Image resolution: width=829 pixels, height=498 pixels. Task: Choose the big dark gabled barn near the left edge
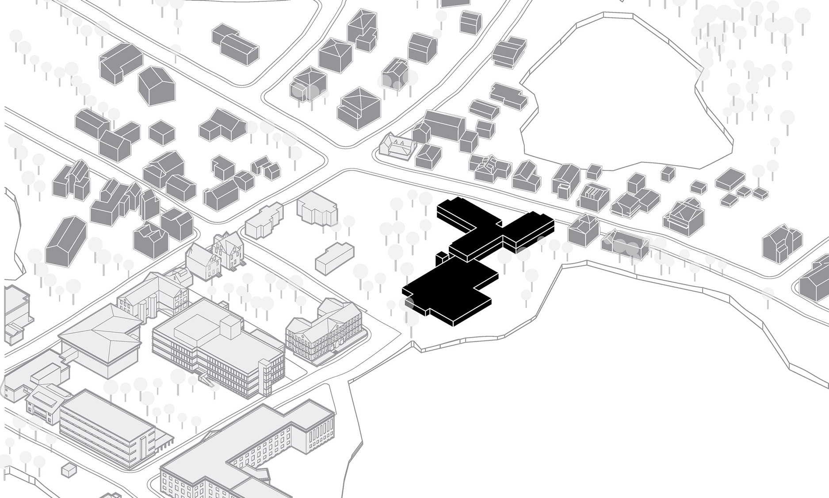(66, 241)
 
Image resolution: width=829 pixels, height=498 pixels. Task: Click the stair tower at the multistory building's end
(267, 377)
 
